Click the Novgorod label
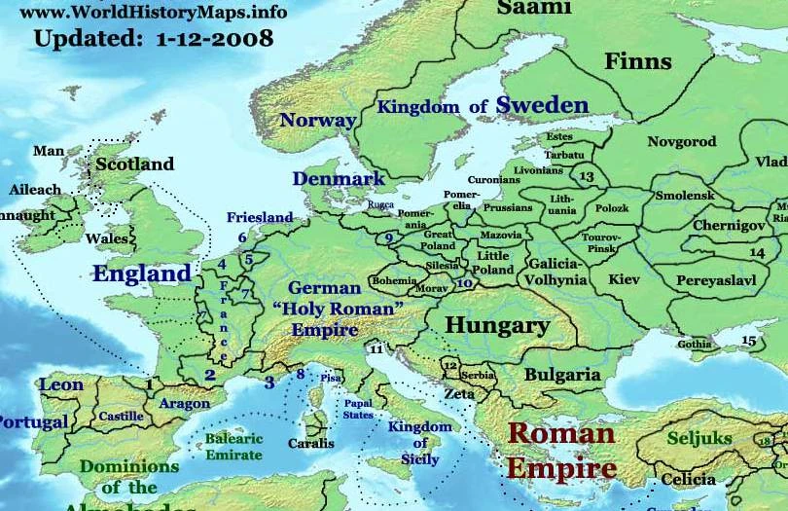681,142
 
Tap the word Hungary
497,325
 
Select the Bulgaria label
562,374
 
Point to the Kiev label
624,279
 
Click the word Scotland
134,164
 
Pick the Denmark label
339,179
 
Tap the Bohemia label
394,280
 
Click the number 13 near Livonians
586,177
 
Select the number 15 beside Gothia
748,341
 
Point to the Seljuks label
699,439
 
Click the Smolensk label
685,196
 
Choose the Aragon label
185,403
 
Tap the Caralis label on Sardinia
310,443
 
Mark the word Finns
638,62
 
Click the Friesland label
260,217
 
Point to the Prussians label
509,207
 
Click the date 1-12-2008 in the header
208,40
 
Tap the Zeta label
459,394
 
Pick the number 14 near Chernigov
757,253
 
